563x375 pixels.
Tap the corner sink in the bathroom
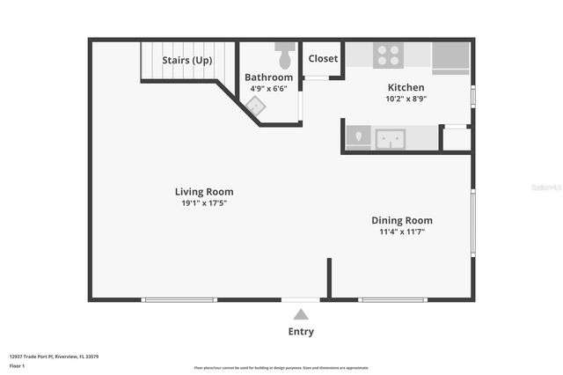coord(255,107)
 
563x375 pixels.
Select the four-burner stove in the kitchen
coord(387,55)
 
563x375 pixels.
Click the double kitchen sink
coord(390,139)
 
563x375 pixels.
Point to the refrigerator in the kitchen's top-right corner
coord(451,56)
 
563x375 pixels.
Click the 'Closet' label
coord(323,59)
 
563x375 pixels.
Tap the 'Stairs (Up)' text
coord(187,61)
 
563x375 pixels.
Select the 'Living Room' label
coord(204,191)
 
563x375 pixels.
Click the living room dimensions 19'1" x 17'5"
coord(204,203)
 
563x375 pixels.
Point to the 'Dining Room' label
coord(402,220)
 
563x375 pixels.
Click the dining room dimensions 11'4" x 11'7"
coord(402,232)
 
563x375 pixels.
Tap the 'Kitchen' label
coord(406,87)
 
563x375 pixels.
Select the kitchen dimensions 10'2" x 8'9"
coord(406,99)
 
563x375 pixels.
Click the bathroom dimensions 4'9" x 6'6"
coord(268,89)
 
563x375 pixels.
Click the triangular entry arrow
coord(301,314)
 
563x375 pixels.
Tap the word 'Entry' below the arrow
coord(301,332)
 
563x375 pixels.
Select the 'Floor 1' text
coord(17,365)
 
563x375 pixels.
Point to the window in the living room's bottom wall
coord(179,300)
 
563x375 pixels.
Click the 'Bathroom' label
coord(268,77)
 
